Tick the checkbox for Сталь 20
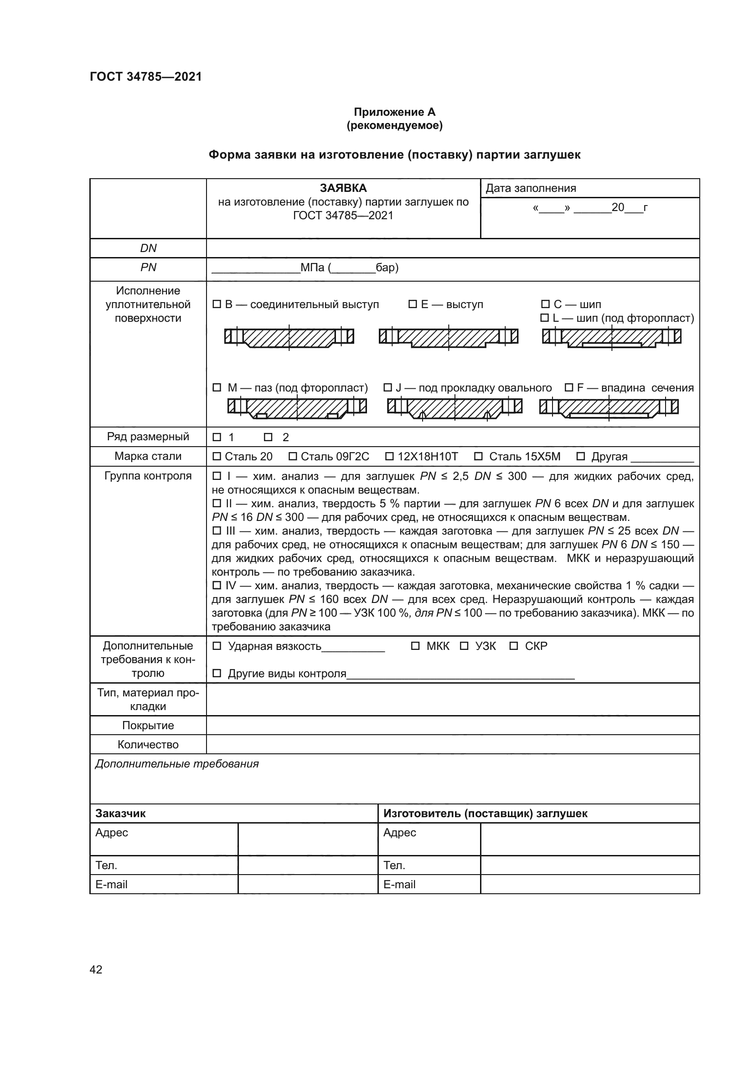[217, 456]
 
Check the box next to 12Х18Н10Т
[389, 456]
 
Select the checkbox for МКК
[415, 646]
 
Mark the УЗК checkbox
[464, 646]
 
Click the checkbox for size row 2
[268, 437]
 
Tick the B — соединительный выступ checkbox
[217, 304]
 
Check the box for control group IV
[217, 586]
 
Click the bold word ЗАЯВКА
[343, 188]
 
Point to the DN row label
[148, 248]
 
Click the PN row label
[148, 268]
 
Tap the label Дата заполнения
[531, 189]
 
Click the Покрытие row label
[148, 725]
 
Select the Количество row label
[148, 744]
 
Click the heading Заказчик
[120, 813]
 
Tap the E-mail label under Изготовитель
[399, 884]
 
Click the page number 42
[96, 969]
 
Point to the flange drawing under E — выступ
[448, 338]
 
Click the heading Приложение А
[394, 112]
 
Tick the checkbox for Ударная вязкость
[217, 646]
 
